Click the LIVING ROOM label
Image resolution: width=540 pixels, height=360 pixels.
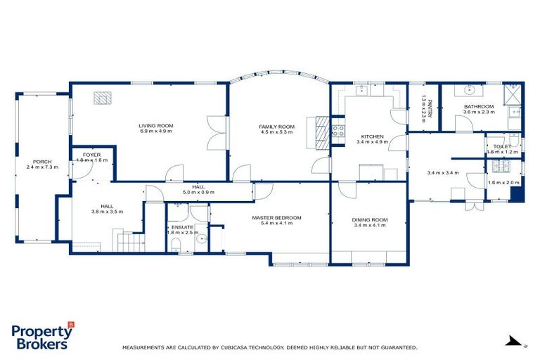point(156,126)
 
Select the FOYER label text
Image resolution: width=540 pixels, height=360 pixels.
point(92,154)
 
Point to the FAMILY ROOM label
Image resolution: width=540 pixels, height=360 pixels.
point(277,127)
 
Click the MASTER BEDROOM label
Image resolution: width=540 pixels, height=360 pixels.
point(276,218)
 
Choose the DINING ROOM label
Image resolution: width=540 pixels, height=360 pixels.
point(370,220)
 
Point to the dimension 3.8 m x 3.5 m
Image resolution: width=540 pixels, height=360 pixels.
point(107,212)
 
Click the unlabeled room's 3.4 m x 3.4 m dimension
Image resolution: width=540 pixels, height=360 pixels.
point(443,172)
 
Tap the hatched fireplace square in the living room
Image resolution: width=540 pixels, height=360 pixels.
point(103,98)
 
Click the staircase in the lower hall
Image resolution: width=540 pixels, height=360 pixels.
point(131,242)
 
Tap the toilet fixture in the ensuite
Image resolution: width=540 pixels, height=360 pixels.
point(176,244)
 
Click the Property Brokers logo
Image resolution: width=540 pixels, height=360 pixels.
point(42,336)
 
